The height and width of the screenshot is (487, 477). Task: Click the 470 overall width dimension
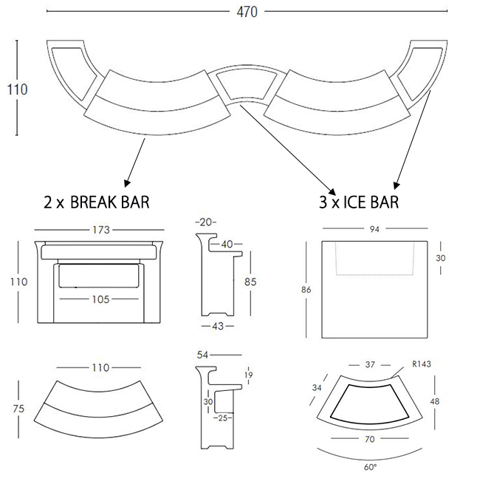tap(247, 12)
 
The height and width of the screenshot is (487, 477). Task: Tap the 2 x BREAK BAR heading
tap(97, 202)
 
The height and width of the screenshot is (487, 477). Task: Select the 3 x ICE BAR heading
tap(359, 202)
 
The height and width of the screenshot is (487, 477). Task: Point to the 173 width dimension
tap(101, 230)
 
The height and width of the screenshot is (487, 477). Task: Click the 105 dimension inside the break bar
tap(101, 299)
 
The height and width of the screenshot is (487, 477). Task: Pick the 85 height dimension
tap(250, 282)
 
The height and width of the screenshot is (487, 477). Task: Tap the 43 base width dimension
tap(218, 326)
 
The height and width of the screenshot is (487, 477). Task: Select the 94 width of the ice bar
tap(374, 229)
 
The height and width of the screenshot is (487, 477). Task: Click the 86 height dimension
tap(306, 290)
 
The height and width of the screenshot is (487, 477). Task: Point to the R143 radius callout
tap(422, 364)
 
